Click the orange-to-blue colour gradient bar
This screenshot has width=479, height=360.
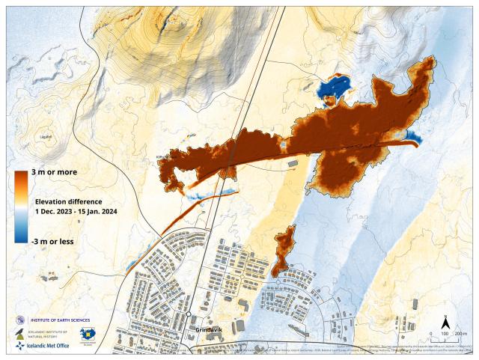[x=21, y=207]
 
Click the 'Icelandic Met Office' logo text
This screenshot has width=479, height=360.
[x=49, y=346]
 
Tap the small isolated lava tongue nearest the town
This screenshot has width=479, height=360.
[x=283, y=251]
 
